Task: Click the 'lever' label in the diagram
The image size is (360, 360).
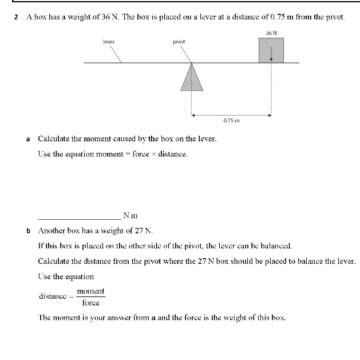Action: point(108,42)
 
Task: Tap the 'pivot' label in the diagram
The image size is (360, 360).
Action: point(179,42)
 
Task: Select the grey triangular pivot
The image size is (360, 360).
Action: point(192,78)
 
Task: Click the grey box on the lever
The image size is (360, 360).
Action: point(272,50)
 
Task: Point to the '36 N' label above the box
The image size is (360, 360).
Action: point(271,33)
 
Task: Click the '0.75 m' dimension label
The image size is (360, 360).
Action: point(231,121)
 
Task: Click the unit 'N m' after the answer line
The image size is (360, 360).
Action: point(130,216)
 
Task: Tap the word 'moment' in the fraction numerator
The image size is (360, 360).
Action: point(90,291)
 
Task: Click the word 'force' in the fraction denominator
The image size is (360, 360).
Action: point(90,303)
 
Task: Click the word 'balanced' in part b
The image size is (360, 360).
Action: point(275,246)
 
